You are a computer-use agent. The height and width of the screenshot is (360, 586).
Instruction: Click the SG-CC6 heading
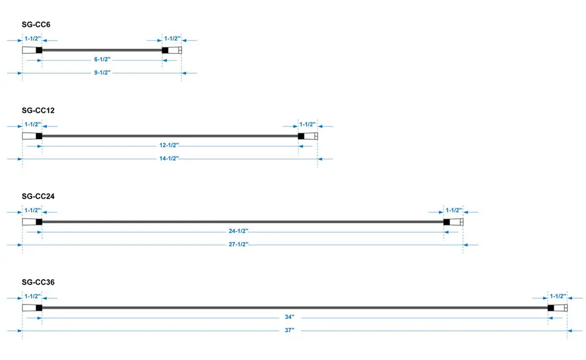point(36,25)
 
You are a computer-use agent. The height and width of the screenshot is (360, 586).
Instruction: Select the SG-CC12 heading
point(38,110)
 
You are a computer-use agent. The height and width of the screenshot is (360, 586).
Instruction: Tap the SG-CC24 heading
point(38,196)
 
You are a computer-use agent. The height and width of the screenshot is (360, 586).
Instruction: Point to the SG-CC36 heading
point(38,282)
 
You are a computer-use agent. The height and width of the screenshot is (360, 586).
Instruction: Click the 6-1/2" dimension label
point(102,60)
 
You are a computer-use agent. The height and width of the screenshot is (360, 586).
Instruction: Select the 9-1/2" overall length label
point(102,73)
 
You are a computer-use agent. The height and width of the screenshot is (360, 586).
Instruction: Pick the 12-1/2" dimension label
point(169,145)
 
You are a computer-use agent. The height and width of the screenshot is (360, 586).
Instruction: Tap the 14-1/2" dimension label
point(169,159)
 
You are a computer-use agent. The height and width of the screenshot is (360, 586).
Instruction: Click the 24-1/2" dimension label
point(239,231)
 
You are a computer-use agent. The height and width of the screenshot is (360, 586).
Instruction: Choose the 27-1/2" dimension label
point(239,244)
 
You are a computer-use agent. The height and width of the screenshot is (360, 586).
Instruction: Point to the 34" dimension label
point(290,317)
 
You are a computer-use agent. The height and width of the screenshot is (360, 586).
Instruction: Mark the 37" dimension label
point(290,330)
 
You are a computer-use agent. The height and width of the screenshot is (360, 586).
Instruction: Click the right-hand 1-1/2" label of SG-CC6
point(172,38)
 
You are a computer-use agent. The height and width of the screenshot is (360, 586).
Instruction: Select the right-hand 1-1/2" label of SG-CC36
point(557,296)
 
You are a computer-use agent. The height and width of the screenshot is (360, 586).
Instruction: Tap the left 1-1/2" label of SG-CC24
point(33,211)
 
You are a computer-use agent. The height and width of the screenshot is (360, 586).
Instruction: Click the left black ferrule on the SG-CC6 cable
point(39,50)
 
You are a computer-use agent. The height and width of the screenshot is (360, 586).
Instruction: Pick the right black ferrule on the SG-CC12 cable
point(301,136)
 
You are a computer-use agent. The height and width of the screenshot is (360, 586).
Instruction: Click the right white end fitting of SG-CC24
point(456,222)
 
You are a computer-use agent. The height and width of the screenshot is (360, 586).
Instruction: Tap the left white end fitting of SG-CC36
point(29,308)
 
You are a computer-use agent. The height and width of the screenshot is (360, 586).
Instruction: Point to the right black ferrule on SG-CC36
point(551,308)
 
